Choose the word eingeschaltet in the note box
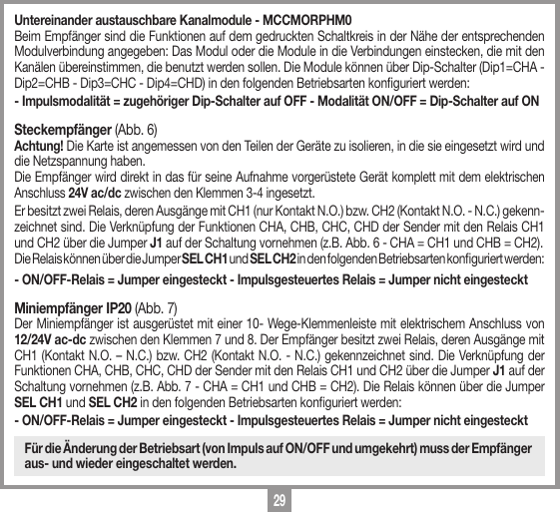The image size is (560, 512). click(x=140, y=465)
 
